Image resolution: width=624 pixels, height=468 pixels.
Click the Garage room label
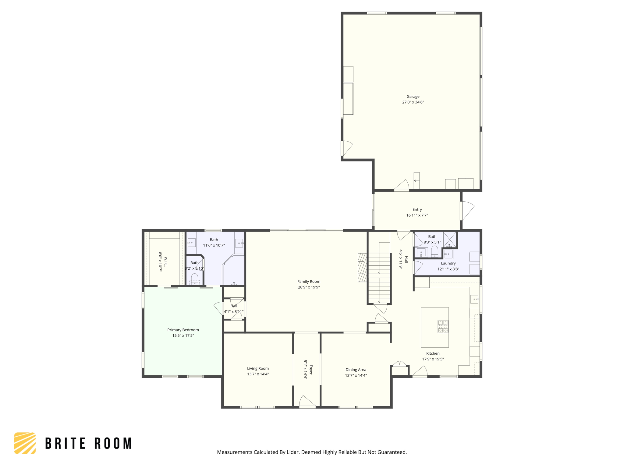point(413,97)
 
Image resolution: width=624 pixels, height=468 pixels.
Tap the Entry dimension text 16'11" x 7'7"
point(417,215)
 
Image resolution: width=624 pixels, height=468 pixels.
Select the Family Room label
point(309,282)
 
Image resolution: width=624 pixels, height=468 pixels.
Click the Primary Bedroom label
point(183,330)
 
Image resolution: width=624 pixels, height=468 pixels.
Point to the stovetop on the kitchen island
point(443,326)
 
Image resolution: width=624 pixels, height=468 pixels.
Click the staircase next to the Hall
point(379,277)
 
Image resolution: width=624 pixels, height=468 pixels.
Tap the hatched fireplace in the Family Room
point(362,268)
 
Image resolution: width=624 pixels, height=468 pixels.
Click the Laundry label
point(448,263)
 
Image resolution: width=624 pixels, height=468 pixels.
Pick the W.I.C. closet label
point(166,261)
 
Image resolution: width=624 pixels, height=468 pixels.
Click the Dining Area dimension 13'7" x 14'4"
point(356,375)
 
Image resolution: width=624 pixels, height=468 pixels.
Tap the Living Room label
point(258,368)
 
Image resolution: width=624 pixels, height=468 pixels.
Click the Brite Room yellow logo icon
point(25,443)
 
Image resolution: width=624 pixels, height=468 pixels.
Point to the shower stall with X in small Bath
point(450,239)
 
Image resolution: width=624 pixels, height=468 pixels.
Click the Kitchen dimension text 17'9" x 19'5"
point(433,359)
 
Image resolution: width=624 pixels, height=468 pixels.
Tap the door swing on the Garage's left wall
point(347,148)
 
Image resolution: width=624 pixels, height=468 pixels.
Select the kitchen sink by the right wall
point(474,299)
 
